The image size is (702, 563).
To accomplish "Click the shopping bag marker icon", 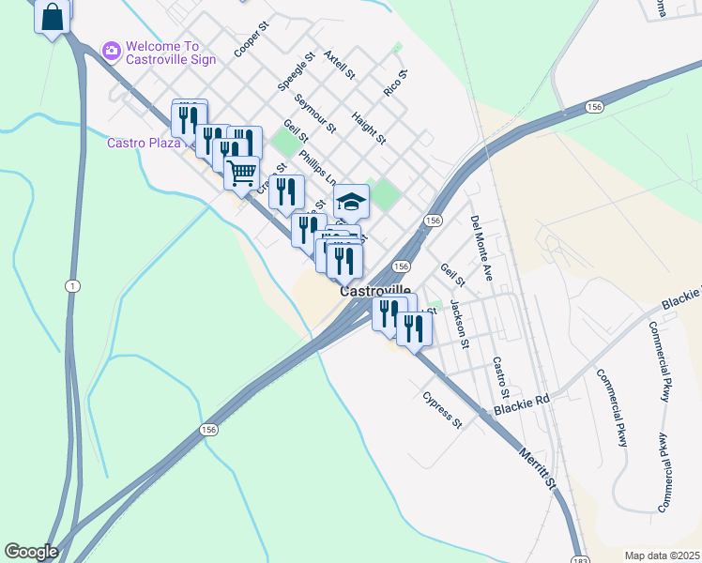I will (x=53, y=17).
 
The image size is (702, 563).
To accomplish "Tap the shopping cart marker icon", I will (x=242, y=174).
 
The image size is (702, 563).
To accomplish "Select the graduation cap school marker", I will (x=351, y=202).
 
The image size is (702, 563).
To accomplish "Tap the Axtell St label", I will (x=339, y=64).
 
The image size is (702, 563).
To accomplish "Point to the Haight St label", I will (x=369, y=128).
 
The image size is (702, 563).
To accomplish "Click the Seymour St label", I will (x=314, y=113).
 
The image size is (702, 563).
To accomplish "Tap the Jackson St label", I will (x=459, y=323).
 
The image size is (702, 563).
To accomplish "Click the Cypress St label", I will (x=443, y=410).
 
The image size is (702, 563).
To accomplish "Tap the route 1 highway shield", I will (x=71, y=284).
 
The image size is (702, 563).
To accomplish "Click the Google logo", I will (x=31, y=552).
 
